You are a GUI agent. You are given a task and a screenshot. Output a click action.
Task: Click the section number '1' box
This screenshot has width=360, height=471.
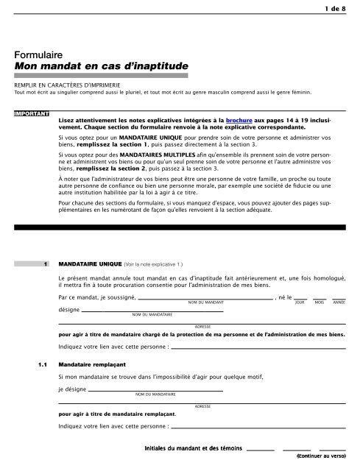[46, 261]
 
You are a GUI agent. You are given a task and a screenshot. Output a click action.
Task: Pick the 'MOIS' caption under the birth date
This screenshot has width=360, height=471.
[319, 302]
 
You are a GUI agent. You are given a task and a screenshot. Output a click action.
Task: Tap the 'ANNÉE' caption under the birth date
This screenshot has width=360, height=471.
[339, 302]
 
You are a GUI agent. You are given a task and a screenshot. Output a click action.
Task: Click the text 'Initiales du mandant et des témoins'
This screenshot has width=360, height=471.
[194, 448]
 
